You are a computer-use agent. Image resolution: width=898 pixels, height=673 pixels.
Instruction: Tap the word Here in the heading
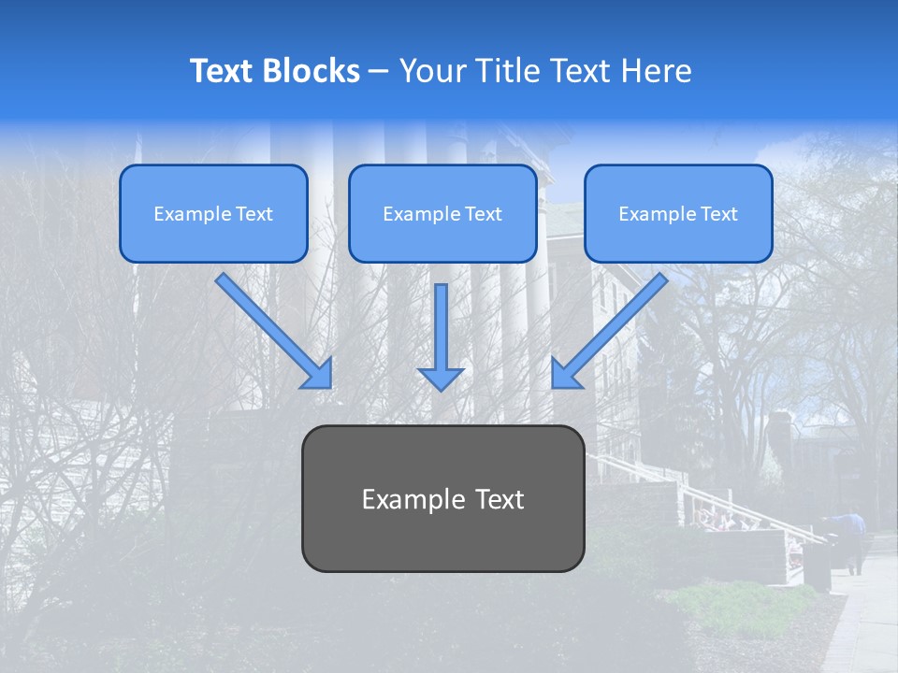656,71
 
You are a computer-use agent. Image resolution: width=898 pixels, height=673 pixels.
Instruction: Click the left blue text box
213,214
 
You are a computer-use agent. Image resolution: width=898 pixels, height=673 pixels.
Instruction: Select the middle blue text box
442,214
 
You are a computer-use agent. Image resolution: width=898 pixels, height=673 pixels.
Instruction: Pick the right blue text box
678,214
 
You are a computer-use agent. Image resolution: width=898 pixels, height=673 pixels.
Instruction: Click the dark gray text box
442,498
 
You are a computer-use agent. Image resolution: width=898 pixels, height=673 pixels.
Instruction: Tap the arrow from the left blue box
271,329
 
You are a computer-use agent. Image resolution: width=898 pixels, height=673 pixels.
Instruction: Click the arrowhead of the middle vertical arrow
441,378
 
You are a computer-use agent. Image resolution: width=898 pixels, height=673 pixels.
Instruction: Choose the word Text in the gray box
500,499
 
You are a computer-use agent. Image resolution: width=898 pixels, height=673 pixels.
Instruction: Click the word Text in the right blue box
718,214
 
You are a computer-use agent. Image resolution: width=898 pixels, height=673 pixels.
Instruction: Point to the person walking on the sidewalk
854,539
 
